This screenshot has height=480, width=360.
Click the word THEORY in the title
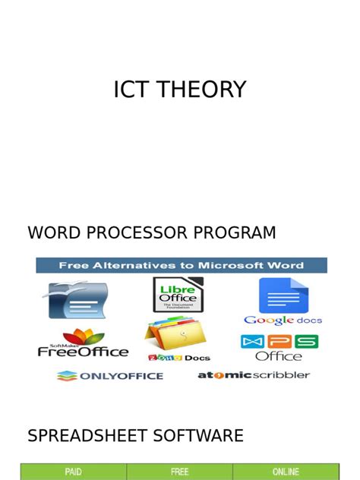(204, 90)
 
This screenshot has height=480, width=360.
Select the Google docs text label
(282, 321)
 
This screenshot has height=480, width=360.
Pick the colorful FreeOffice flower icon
(83, 335)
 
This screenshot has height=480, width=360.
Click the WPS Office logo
(279, 347)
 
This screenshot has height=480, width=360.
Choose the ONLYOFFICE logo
(110, 375)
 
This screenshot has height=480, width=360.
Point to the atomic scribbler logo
(254, 375)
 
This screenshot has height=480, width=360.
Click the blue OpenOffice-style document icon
(78, 299)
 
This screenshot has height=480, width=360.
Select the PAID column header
(73, 472)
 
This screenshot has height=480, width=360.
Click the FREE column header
(179, 472)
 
